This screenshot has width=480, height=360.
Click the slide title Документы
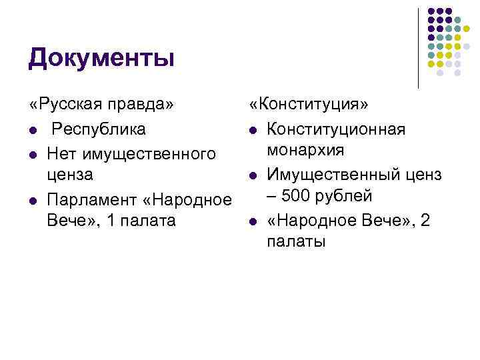101,59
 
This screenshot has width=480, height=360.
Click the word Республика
100,129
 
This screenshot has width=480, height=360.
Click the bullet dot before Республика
33,129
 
